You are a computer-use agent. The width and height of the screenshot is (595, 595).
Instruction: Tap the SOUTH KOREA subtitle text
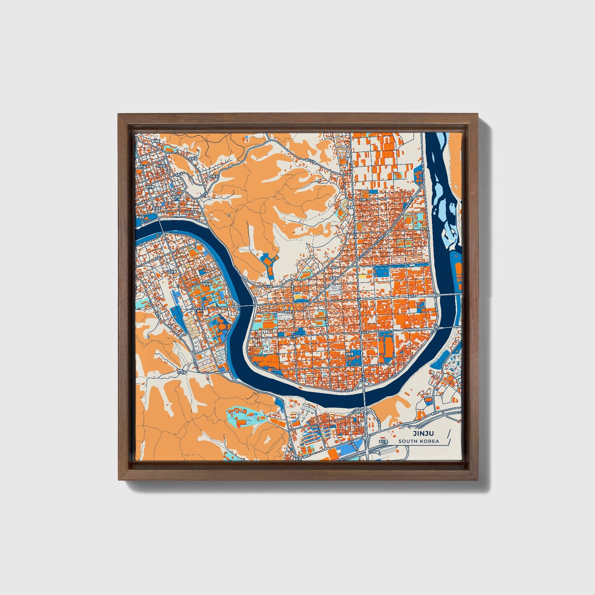tap(418, 441)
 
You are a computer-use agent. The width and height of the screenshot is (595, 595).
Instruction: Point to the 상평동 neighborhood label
tap(349, 354)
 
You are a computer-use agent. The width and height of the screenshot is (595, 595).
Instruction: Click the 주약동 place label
tap(182, 372)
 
